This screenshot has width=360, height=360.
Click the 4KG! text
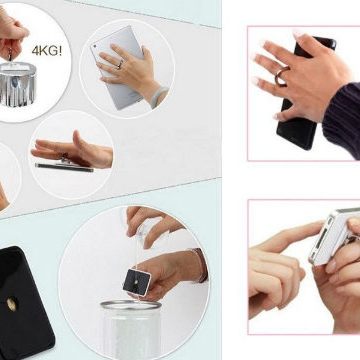[x=47, y=51]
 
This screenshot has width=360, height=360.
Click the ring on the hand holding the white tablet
[x=120, y=64]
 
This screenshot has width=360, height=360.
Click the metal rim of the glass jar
[x=131, y=307]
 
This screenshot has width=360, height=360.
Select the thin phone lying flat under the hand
[x=65, y=168]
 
